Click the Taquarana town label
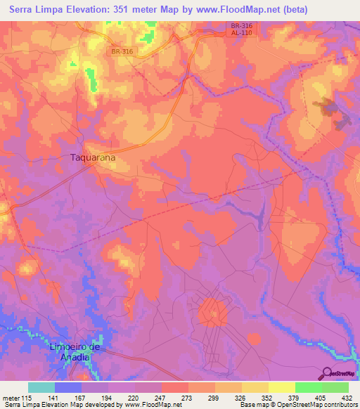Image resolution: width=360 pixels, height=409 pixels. [x=93, y=158]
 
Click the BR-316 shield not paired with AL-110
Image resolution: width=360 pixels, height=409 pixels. [x=122, y=51]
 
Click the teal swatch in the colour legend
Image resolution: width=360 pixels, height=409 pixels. [x=41, y=387]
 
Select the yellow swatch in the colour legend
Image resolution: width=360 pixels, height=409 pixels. [x=282, y=387]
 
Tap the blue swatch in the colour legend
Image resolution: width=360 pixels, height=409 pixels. [x=68, y=387]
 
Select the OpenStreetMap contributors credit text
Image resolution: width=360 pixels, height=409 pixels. [x=317, y=405]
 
